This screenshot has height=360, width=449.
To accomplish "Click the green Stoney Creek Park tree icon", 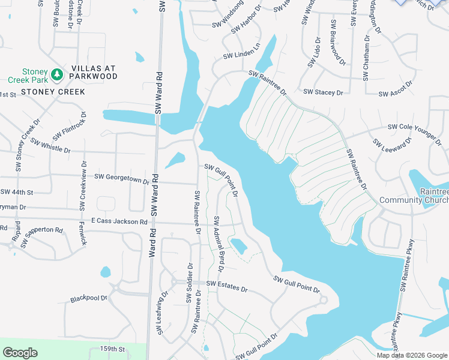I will pyautogui.click(x=57, y=74).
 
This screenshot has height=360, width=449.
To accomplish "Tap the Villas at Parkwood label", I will pyautogui.click(x=93, y=73).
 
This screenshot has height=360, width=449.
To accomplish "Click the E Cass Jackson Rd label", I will pyautogui.click(x=119, y=221).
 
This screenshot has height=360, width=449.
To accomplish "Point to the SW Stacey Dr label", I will pyautogui.click(x=323, y=92).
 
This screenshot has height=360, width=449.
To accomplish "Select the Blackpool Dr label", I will pyautogui.click(x=88, y=298).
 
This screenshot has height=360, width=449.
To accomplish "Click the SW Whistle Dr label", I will pyautogui.click(x=50, y=146).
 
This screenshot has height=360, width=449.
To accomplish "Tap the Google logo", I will pyautogui.click(x=20, y=353).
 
